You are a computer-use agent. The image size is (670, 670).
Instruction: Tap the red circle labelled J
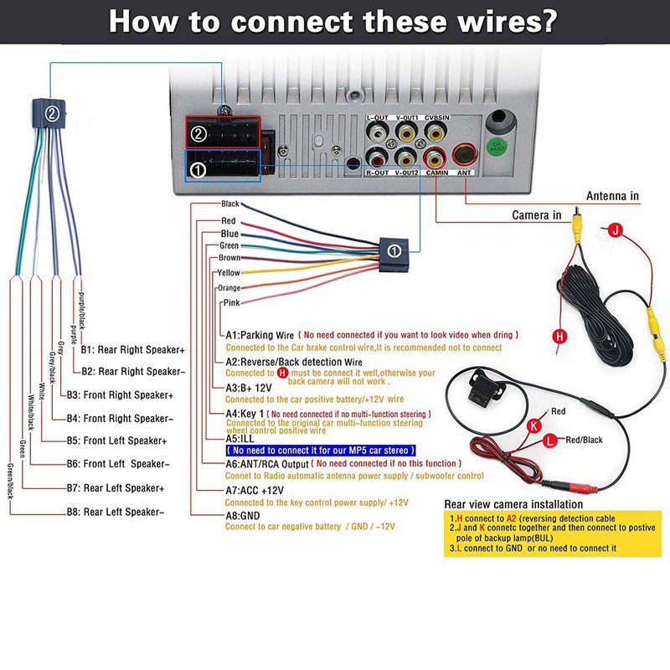(x=615, y=229)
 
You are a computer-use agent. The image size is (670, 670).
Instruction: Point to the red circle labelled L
(x=549, y=440)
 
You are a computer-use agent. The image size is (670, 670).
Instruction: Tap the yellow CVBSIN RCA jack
(x=435, y=131)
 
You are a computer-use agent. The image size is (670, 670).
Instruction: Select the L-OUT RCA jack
(x=379, y=131)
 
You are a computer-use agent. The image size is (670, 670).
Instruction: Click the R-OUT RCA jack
(x=379, y=156)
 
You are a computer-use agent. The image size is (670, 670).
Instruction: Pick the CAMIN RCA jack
(x=435, y=156)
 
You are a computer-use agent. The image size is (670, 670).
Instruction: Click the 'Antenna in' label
(x=612, y=196)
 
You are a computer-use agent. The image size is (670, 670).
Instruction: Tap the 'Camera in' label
(x=537, y=215)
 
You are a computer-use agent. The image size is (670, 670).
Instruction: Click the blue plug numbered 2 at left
(x=51, y=113)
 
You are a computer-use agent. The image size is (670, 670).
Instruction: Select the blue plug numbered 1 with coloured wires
(x=394, y=250)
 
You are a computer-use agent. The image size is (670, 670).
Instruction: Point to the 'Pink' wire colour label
(x=230, y=302)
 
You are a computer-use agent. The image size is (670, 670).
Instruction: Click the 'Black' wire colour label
(x=229, y=204)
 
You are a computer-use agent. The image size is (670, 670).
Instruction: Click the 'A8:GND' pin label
(x=244, y=514)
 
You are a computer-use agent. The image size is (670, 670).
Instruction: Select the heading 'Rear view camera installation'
(x=513, y=504)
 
